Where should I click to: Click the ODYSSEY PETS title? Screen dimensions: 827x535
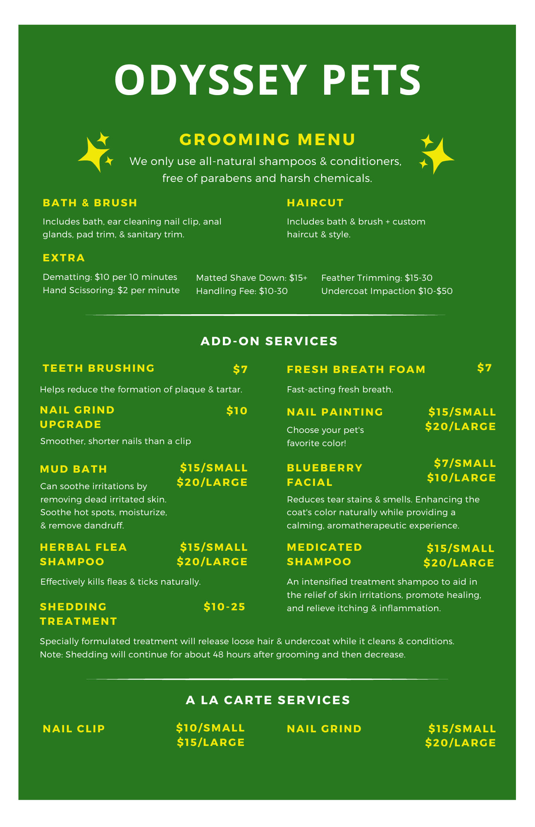[267, 80]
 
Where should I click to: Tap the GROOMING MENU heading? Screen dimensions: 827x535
[267, 140]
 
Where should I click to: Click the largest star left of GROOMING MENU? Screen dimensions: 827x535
[93, 155]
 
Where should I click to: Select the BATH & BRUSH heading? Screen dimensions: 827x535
[90, 203]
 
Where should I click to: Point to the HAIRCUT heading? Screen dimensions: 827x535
[315, 203]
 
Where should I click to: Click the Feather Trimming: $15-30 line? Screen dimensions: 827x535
[377, 278]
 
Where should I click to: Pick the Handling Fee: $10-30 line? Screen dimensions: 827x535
[241, 291]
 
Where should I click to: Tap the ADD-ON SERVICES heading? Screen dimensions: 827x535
[269, 341]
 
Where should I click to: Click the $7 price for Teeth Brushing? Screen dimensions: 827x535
[240, 369]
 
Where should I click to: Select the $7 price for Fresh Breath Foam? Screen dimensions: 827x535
[484, 368]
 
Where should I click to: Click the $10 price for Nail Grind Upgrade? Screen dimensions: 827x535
[237, 411]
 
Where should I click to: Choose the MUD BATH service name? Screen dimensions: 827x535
[74, 469]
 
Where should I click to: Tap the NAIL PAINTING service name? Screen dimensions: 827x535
[335, 412]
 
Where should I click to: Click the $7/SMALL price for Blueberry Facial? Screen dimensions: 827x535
[465, 463]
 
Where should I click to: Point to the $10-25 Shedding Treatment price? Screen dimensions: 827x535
[225, 607]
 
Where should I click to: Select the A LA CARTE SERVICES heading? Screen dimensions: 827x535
[268, 700]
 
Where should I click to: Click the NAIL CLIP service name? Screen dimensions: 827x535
[74, 729]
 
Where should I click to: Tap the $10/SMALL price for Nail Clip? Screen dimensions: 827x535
[210, 728]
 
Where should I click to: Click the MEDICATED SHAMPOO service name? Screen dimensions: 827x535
[324, 554]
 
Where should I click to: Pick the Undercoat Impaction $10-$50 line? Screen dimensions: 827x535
[387, 291]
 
